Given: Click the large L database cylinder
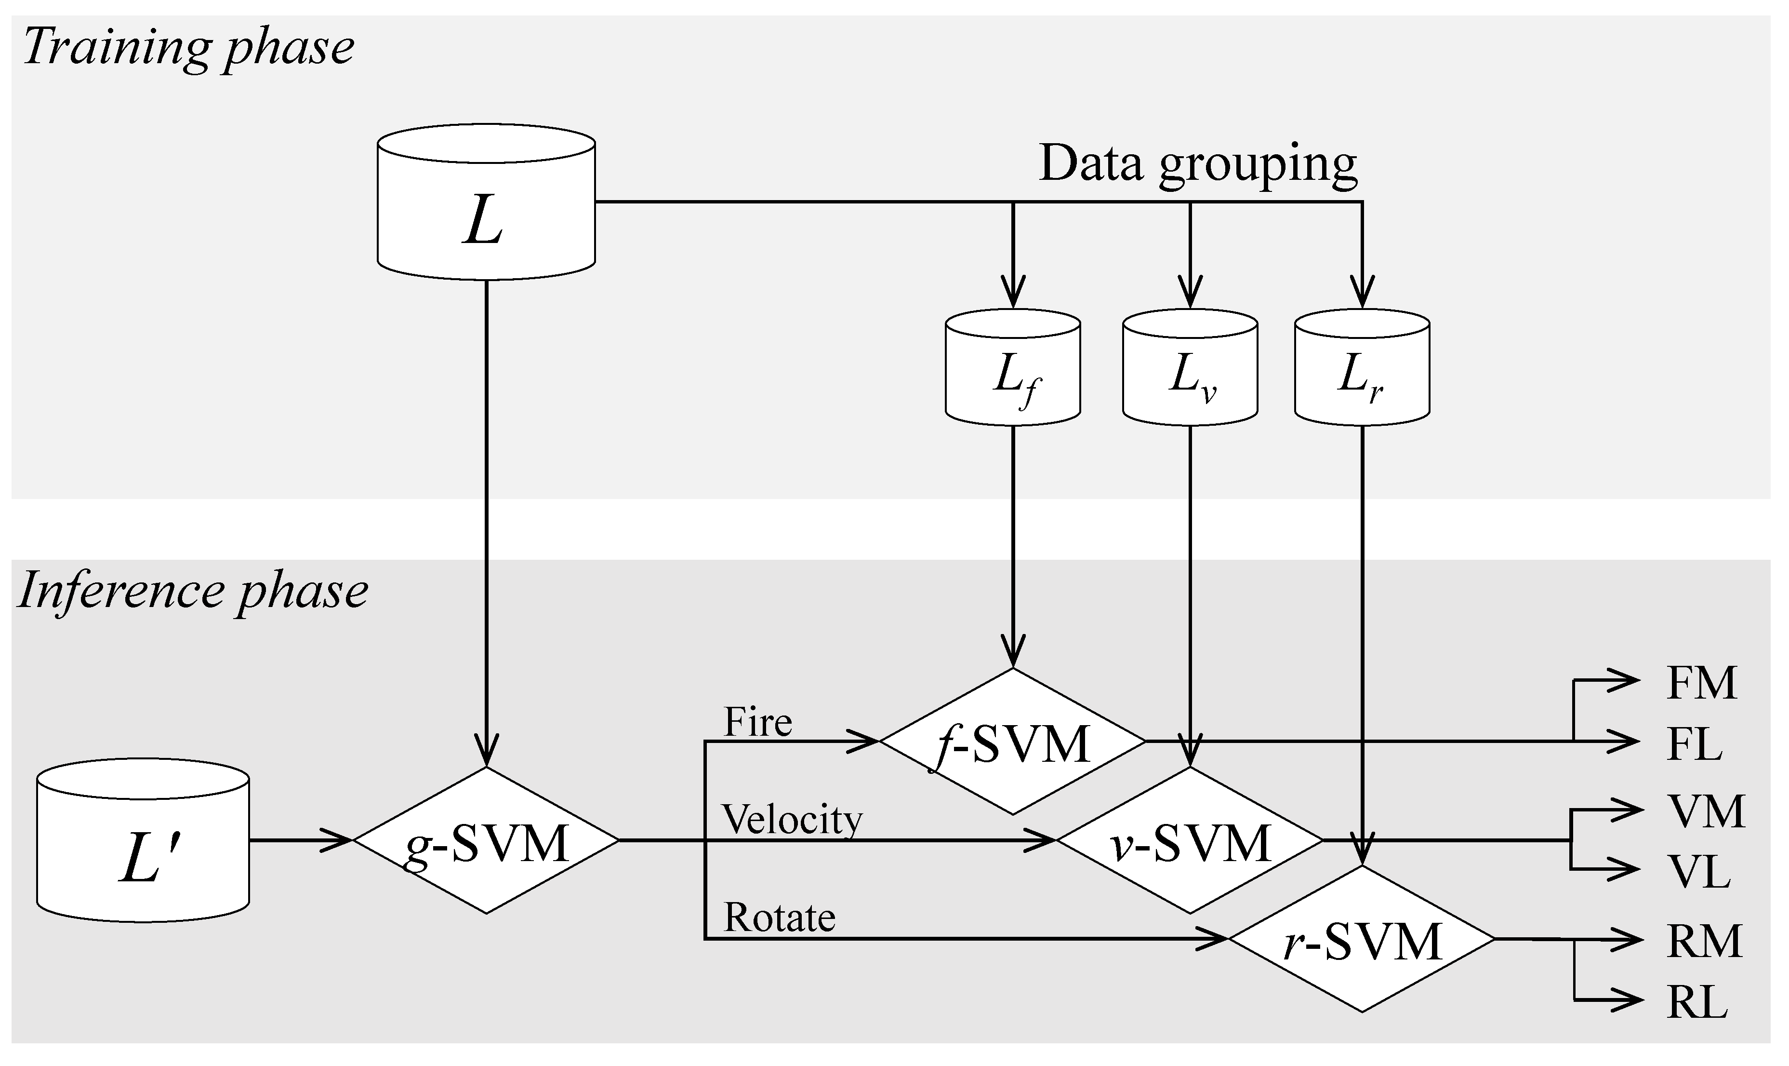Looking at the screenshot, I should (486, 205).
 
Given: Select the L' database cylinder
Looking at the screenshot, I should (143, 842).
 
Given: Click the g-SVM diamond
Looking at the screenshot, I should (486, 840).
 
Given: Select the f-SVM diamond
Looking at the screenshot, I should (1012, 742).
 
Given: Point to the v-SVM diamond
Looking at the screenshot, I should (1190, 840).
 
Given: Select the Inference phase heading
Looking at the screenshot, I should (192, 591).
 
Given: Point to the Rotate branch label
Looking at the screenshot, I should (779, 918).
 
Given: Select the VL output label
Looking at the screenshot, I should (1698, 873).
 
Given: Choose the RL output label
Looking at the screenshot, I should (1697, 1003).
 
